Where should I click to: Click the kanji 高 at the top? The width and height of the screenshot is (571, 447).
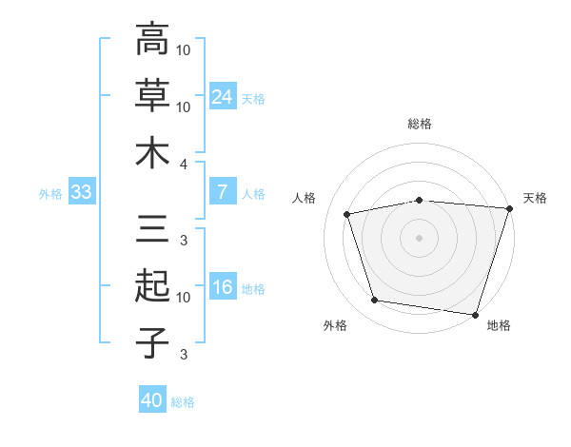(x=152, y=38)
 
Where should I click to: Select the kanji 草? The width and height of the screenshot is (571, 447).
(x=152, y=95)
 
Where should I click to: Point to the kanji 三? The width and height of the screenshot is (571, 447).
(x=152, y=228)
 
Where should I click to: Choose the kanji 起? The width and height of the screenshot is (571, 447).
(x=152, y=285)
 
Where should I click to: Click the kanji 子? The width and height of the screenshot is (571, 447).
(x=152, y=342)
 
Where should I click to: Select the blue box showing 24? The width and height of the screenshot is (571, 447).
(x=223, y=96)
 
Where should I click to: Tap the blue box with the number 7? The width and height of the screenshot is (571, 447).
(x=223, y=191)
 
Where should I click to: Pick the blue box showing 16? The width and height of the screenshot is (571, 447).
(x=223, y=285)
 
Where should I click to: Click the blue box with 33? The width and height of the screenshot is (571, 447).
(x=82, y=191)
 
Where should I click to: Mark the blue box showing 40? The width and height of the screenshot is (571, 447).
(x=152, y=398)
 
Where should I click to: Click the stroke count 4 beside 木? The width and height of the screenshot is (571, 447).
(x=183, y=165)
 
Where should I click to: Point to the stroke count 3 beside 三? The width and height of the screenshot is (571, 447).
(x=184, y=241)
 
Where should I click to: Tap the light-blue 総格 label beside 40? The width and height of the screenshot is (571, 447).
(x=183, y=402)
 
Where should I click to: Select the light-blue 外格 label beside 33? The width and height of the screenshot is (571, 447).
(x=50, y=194)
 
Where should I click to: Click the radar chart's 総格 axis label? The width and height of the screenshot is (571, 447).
(x=420, y=124)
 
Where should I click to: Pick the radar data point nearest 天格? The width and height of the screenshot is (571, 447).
(x=510, y=208)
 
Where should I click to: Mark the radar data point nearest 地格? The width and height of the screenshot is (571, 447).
(x=475, y=315)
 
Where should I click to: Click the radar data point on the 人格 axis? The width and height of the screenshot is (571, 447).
(x=346, y=214)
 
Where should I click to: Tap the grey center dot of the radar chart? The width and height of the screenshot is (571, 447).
(x=419, y=238)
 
